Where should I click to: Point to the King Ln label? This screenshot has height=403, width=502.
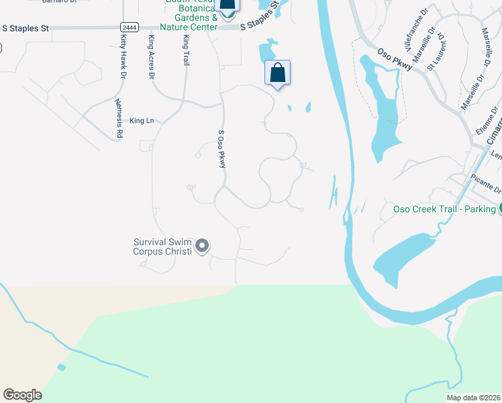pyautogui.click(x=142, y=121)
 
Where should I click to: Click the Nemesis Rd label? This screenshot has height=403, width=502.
pyautogui.click(x=119, y=118)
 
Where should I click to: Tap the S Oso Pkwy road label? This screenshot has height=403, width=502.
pyautogui.click(x=221, y=149)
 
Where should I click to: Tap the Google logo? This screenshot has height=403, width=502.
pyautogui.click(x=21, y=395)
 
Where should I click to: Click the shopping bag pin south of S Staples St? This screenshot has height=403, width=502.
pyautogui.click(x=277, y=73)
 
